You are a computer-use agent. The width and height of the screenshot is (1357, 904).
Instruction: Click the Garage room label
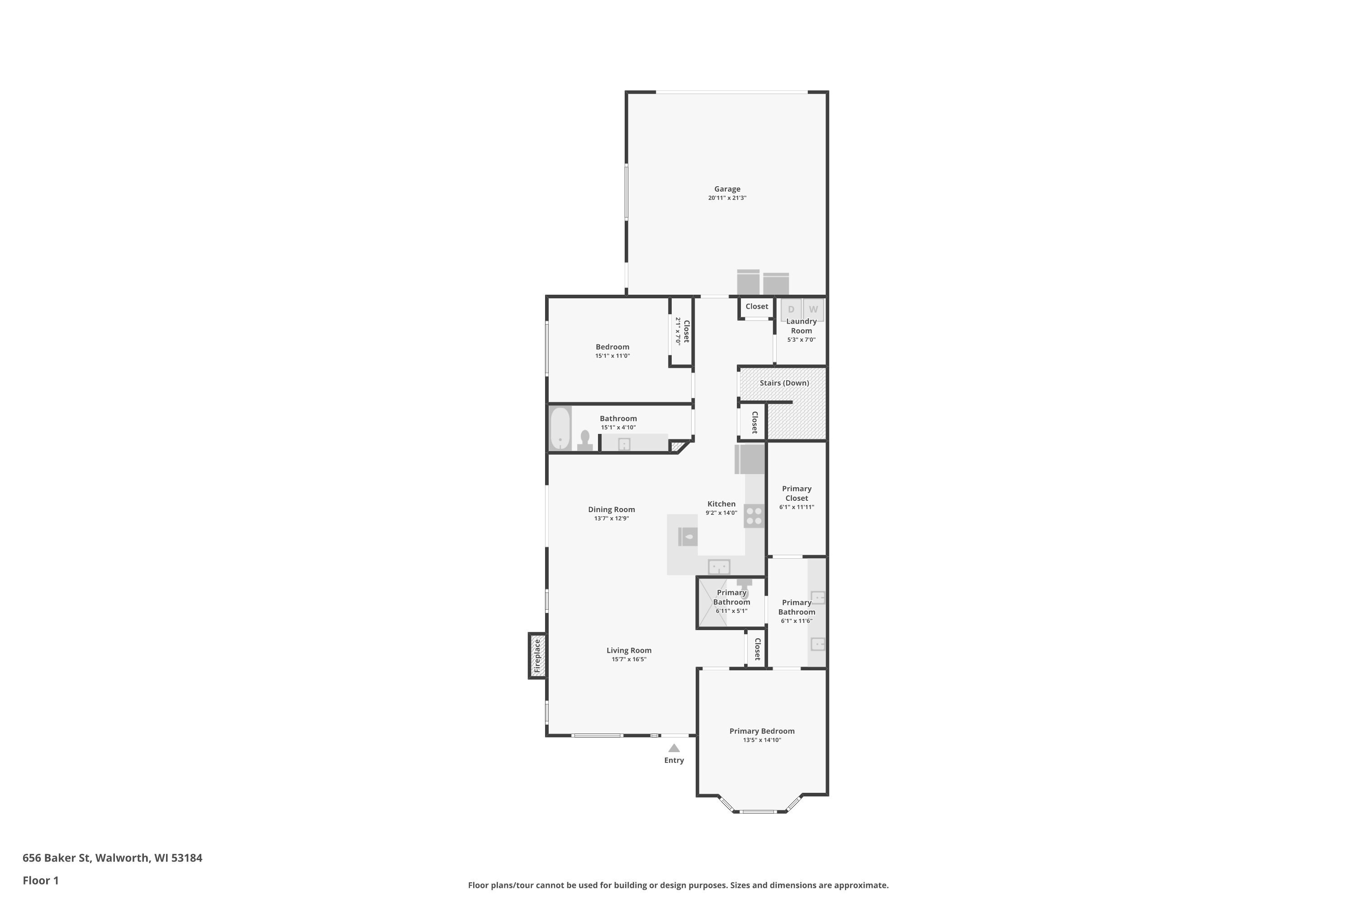pyautogui.click(x=727, y=189)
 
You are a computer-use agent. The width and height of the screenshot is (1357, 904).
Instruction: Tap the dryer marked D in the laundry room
pyautogui.click(x=791, y=310)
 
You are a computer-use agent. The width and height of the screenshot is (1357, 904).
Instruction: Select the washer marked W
pyautogui.click(x=813, y=310)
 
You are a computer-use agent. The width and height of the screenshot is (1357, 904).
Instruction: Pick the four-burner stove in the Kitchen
pyautogui.click(x=754, y=516)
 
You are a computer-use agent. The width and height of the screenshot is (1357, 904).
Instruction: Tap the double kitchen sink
pyautogui.click(x=719, y=567)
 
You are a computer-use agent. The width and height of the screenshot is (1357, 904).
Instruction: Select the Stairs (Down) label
pyautogui.click(x=784, y=383)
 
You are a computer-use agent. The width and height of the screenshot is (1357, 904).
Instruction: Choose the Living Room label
pyautogui.click(x=629, y=650)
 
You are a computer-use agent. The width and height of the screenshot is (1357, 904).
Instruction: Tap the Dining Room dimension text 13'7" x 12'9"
pyautogui.click(x=612, y=518)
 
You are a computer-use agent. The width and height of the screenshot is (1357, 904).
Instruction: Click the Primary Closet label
pyautogui.click(x=796, y=494)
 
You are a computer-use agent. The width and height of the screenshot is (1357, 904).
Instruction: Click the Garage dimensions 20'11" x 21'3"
pyautogui.click(x=727, y=198)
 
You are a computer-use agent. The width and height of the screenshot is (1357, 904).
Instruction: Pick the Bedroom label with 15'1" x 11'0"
pyautogui.click(x=612, y=347)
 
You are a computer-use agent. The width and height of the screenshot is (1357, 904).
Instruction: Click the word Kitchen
pyautogui.click(x=721, y=504)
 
